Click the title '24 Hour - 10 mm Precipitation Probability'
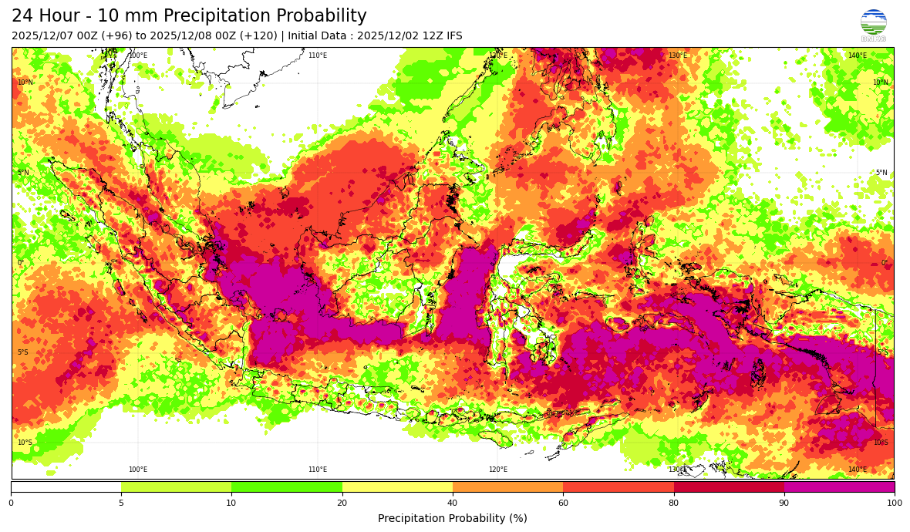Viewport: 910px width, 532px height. click(189, 16)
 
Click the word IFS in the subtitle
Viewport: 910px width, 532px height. click(453, 35)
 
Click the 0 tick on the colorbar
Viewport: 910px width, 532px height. click(11, 503)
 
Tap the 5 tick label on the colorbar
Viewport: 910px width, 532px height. click(121, 503)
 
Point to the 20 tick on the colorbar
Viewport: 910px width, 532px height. click(342, 503)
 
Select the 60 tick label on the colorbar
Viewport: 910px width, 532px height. click(563, 503)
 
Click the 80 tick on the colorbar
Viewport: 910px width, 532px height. click(673, 503)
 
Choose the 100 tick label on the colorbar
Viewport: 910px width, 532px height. click(894, 503)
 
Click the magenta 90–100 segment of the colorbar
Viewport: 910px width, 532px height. click(839, 487)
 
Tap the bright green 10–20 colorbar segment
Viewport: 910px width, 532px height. click(286, 487)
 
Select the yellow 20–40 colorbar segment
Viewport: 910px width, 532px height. click(397, 487)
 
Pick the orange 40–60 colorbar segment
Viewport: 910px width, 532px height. click(507, 487)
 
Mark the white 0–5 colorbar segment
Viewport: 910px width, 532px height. click(66, 487)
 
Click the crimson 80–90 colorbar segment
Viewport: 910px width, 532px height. click(729, 487)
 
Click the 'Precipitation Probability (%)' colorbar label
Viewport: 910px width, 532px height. click(453, 518)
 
